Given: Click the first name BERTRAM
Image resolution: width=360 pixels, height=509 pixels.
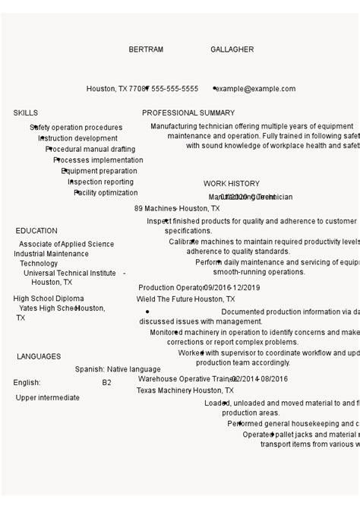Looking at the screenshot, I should click(x=146, y=49).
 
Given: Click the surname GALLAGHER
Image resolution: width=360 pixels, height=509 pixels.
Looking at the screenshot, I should click(x=232, y=49).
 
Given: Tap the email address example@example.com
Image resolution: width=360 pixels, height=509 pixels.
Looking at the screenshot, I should click(x=254, y=89).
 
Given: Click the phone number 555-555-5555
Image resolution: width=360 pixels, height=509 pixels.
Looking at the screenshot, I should click(x=175, y=89).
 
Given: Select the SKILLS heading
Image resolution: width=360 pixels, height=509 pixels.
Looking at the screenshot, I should click(x=25, y=112).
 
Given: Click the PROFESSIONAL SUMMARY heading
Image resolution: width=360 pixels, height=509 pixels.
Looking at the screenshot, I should click(x=188, y=112).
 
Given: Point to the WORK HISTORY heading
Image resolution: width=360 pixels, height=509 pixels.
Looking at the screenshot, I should click(x=231, y=183).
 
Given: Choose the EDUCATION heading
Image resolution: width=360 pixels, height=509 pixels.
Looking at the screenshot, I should click(x=36, y=230).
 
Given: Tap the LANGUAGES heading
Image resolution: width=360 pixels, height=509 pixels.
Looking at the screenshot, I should click(x=39, y=356).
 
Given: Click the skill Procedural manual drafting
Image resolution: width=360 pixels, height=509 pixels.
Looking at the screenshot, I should click(x=90, y=150).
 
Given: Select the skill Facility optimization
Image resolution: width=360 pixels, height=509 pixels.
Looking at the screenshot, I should click(x=106, y=193).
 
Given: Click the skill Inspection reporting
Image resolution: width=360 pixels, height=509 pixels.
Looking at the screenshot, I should click(x=101, y=182).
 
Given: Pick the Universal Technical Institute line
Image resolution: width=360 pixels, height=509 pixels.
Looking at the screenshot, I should click(x=69, y=273).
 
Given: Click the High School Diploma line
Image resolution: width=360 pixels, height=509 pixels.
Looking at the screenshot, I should click(x=49, y=299).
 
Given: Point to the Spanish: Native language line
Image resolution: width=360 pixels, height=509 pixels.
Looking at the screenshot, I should click(x=118, y=369).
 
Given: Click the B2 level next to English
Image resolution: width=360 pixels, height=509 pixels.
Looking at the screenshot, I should click(x=106, y=383).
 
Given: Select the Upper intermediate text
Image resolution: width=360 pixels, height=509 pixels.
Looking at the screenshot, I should click(x=47, y=397).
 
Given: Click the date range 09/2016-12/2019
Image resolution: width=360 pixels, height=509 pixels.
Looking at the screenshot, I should click(x=232, y=288).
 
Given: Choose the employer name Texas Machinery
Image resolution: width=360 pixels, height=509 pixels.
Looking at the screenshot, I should click(x=163, y=390).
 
